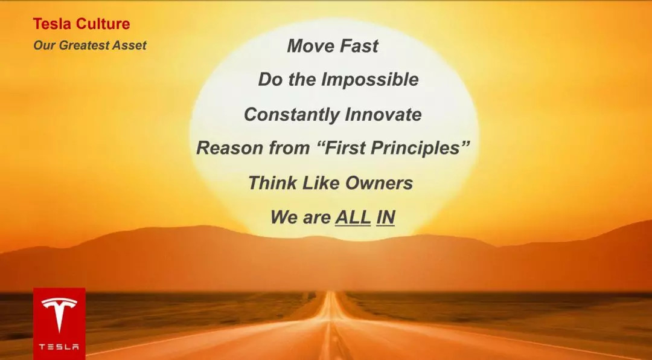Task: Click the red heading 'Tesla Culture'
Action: pos(81,24)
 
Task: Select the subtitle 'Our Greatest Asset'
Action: pos(90,45)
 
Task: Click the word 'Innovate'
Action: pos(383,114)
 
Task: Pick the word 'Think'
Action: pos(272,182)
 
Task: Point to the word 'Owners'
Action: pos(379,183)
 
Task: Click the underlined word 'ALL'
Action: pos(353,217)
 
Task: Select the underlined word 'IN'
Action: pos(385,217)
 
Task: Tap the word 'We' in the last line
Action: pos(284,217)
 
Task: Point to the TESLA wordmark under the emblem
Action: pos(59,346)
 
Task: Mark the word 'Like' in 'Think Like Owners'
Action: pos(321,182)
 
